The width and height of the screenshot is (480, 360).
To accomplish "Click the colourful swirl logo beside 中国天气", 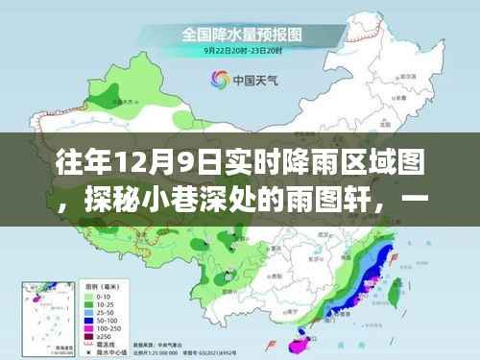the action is (x=217, y=81).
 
